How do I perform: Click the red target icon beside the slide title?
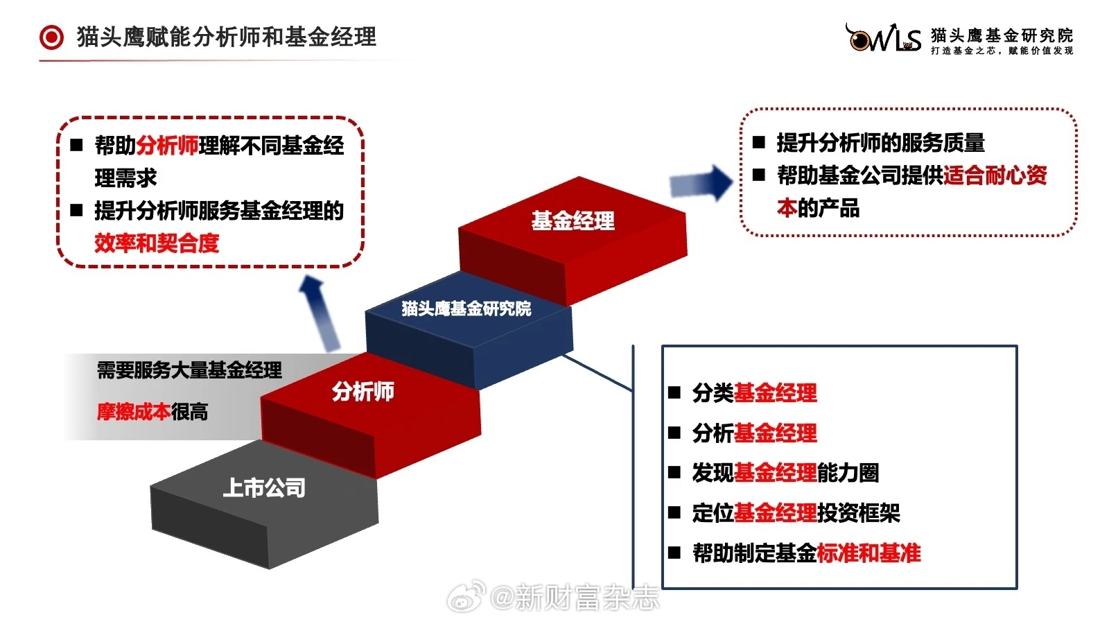point(51,37)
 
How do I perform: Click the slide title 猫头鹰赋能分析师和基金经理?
point(226,37)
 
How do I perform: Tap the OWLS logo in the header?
point(883,37)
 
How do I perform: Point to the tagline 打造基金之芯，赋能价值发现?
point(1002,51)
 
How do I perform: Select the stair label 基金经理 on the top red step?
point(573,221)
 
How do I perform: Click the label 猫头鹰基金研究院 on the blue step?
point(466,309)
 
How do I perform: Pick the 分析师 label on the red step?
point(363,391)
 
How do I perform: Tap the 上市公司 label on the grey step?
point(264,488)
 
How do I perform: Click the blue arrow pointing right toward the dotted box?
point(701,183)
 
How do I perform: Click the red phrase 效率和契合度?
point(157,243)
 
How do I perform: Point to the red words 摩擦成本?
point(134,412)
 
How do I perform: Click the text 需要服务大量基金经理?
point(189,370)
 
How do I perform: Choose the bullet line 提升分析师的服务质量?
point(881,143)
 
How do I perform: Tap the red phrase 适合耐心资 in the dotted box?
point(995,175)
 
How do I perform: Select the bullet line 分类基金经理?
point(755,392)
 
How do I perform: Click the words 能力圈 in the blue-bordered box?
point(848,473)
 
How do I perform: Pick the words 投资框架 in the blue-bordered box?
point(859,513)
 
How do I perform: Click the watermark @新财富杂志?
point(575,597)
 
